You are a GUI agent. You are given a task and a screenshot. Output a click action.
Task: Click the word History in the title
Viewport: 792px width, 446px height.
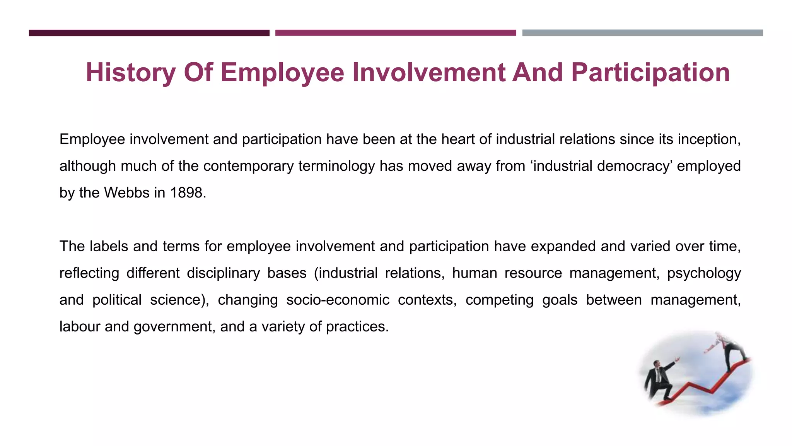point(130,72)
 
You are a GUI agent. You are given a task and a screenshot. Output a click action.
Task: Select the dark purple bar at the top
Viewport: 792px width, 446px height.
point(149,33)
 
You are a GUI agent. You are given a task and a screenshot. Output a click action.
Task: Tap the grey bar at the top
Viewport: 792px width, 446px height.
point(642,33)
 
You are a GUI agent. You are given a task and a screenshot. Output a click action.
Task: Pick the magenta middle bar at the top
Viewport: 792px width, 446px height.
point(396,33)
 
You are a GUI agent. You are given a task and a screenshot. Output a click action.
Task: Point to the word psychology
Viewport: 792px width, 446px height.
point(704,273)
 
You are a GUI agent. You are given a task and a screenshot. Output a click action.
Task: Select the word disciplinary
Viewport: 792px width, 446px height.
point(223,273)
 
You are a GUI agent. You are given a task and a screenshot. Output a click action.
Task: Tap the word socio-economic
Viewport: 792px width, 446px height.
point(338,300)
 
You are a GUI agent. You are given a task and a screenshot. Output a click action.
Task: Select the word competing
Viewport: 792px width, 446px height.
point(499,300)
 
